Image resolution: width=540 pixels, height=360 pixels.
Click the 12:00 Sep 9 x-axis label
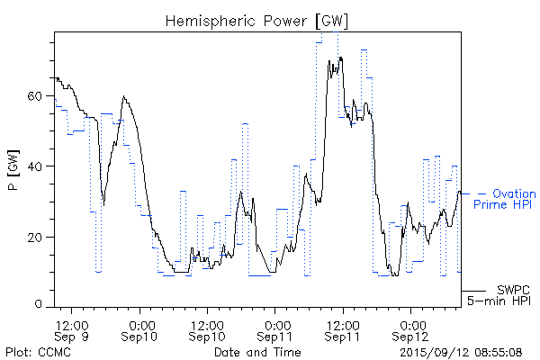(72, 329)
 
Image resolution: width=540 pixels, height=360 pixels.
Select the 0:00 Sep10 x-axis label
(140, 329)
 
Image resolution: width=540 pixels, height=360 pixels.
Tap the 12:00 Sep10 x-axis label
(208, 329)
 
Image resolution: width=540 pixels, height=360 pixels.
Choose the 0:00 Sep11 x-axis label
(276, 329)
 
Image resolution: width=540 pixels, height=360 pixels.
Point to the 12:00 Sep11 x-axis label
(344, 329)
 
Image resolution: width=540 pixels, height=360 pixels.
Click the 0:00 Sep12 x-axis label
(412, 329)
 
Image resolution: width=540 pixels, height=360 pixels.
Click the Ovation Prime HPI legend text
(514, 200)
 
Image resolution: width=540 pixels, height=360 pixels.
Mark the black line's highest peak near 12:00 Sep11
(341, 58)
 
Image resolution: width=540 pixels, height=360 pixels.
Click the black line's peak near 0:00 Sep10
(124, 97)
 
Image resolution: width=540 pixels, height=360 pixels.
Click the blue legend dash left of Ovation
(481, 193)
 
